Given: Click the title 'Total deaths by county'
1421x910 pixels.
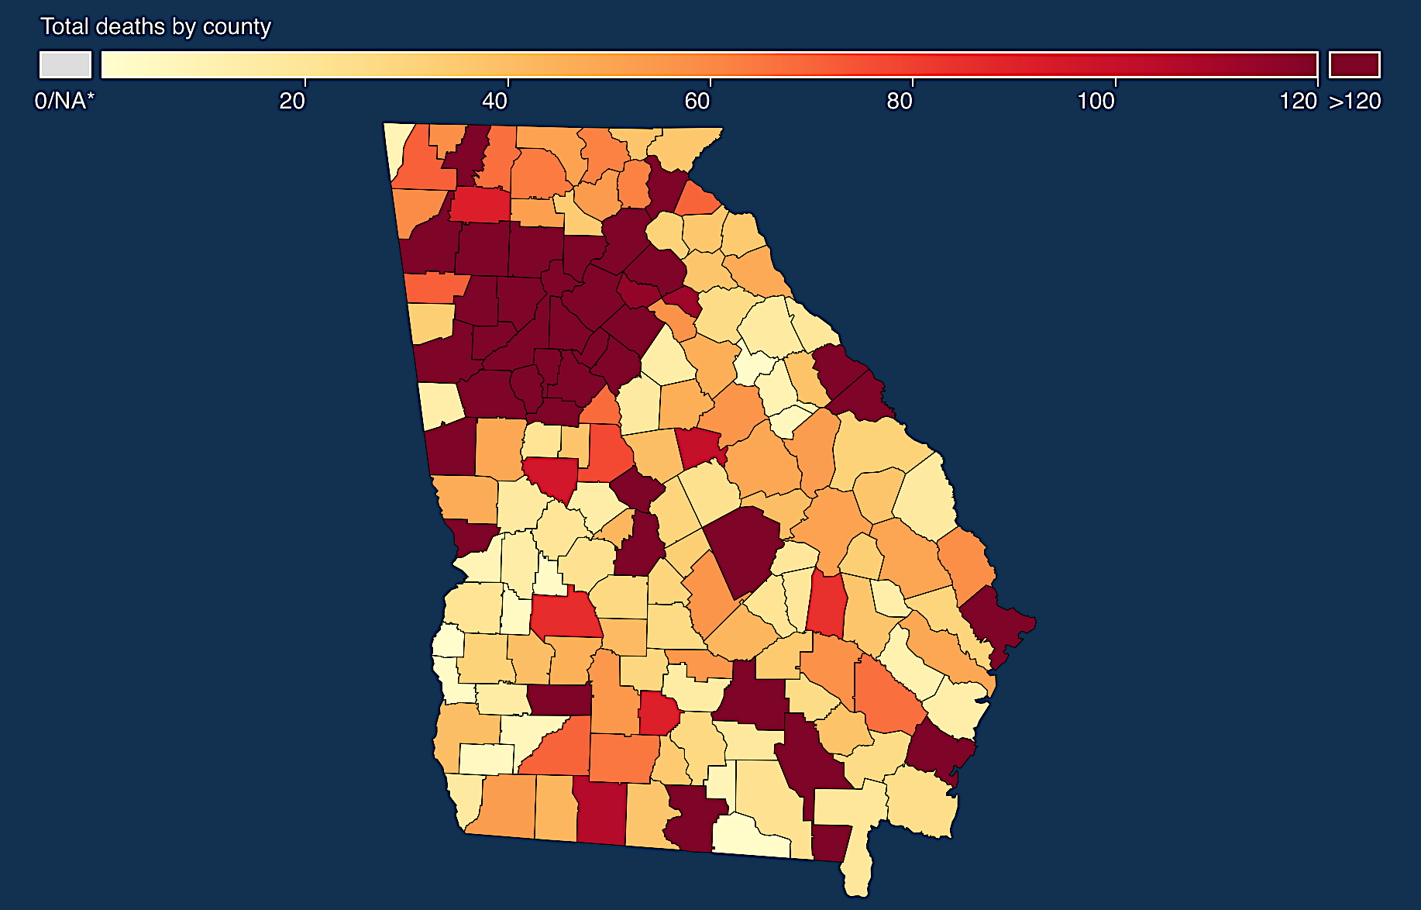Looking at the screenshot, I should point(156,26).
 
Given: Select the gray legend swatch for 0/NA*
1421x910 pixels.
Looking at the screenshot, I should point(65,64).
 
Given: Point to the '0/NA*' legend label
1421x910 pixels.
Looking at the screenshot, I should point(64,101).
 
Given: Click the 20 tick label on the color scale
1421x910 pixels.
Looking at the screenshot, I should point(292,101).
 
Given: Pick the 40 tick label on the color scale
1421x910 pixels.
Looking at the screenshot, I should point(495,101).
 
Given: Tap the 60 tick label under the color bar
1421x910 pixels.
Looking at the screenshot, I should point(697,101).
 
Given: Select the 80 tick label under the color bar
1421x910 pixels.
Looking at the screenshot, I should point(900,101).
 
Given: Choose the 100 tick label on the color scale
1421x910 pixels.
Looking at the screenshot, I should point(1096,101).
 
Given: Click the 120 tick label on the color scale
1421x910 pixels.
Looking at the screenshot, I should point(1298,101).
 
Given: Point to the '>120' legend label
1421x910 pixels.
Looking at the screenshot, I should point(1355,101).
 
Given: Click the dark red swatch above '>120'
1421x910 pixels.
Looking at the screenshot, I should point(1354,64).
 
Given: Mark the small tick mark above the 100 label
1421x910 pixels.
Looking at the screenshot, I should point(1116,81).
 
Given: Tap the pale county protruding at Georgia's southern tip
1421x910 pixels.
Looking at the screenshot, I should point(856,872).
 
